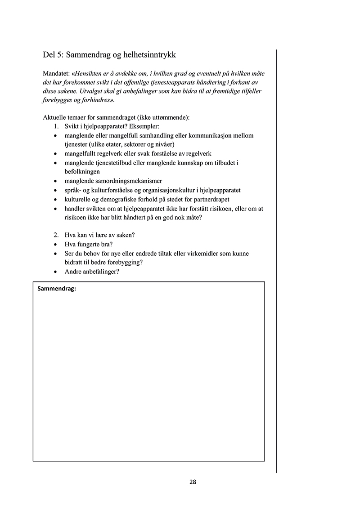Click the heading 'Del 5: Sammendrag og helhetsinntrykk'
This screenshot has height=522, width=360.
[109, 55]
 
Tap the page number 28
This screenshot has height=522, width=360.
[193, 482]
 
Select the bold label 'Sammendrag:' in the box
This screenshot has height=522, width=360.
[57, 289]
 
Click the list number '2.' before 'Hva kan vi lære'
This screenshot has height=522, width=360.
[56, 235]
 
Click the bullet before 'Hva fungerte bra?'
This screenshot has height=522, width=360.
[55, 245]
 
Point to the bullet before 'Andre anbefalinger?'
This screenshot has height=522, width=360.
[55, 272]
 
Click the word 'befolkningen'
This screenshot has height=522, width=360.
[82, 171]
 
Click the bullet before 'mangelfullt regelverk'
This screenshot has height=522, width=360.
[55, 154]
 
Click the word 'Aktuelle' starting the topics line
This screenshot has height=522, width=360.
[54, 117]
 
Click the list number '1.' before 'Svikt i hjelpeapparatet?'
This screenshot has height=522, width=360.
[56, 126]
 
